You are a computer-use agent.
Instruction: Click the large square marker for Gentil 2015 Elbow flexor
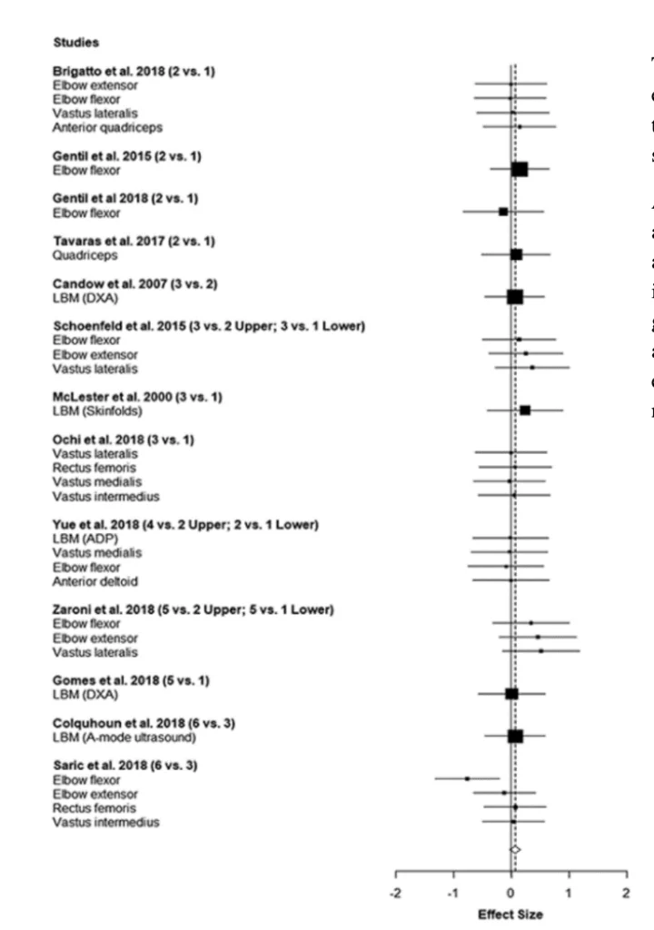520,169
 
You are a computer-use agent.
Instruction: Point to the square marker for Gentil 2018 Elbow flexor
503,212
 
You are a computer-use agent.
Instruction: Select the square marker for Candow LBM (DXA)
515,297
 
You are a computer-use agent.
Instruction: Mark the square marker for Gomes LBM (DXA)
511,694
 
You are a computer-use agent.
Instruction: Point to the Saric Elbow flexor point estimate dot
468,778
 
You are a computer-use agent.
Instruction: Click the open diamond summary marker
515,849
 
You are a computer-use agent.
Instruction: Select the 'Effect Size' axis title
512,914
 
